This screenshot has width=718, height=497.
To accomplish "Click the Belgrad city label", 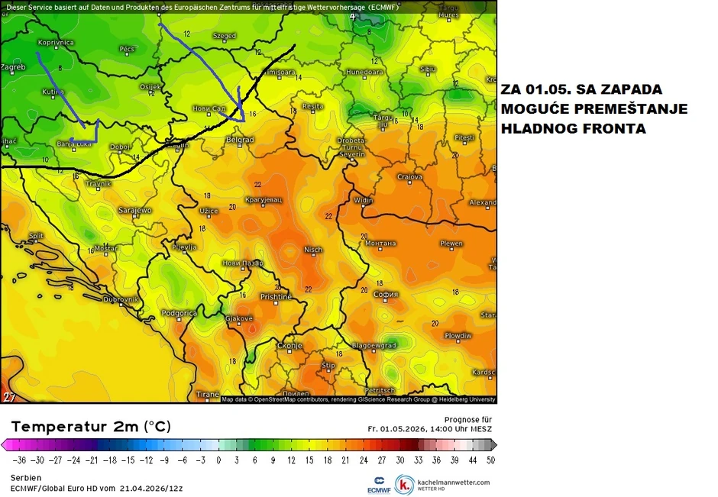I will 241,140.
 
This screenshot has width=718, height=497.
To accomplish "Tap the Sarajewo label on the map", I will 134,210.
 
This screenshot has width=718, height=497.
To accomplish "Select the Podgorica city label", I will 179,313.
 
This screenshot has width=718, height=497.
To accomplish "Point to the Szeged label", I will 224,36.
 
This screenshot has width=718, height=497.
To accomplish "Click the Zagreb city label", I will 13,67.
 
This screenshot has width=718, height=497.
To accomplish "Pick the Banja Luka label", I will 75,144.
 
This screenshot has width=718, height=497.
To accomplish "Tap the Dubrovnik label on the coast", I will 120,299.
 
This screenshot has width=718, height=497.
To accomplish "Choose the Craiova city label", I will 409,177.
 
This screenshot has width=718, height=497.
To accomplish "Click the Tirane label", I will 207,394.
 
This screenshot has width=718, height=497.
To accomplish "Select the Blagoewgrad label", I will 374,345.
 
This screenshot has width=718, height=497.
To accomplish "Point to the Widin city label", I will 363,201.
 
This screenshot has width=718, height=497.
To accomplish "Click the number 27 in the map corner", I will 9,397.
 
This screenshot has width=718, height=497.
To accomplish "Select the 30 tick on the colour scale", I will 400,460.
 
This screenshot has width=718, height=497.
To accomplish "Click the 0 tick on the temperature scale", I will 218,460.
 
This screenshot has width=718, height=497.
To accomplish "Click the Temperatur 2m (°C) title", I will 91,426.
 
